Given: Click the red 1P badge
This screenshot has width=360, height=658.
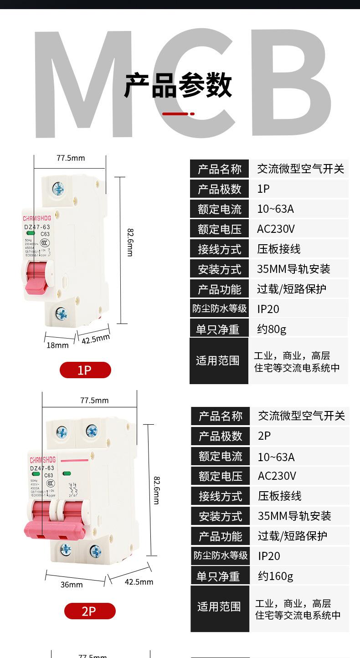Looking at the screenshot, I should (x=85, y=370).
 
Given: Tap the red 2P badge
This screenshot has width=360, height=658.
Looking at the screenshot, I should (x=90, y=611).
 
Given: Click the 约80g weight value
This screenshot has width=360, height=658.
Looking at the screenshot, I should (x=272, y=329).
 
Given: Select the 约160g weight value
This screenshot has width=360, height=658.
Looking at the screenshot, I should (x=276, y=576).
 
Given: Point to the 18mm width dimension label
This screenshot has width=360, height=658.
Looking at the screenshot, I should (x=57, y=345).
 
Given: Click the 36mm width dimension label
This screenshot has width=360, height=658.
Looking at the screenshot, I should (x=72, y=585).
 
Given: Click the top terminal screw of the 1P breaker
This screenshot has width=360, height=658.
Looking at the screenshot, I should (x=58, y=188).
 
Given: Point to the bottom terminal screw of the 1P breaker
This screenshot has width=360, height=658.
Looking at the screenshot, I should (x=61, y=314).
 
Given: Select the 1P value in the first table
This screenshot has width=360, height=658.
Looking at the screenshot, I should (x=263, y=189).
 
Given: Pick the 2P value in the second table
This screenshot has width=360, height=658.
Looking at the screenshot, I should (x=264, y=436).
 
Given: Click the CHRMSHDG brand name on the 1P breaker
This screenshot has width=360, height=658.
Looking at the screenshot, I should (x=37, y=212).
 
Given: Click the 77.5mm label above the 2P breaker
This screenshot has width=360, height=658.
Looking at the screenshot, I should (x=94, y=401).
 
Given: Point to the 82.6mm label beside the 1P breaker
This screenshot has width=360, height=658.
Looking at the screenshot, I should (x=130, y=242).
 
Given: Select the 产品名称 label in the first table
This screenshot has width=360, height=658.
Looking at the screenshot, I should (x=219, y=170).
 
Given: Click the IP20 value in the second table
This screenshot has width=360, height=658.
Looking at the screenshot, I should (x=269, y=556).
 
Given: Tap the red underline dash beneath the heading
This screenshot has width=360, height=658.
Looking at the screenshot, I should (x=178, y=113).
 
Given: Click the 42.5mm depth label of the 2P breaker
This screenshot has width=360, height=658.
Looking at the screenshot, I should (x=139, y=582).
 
